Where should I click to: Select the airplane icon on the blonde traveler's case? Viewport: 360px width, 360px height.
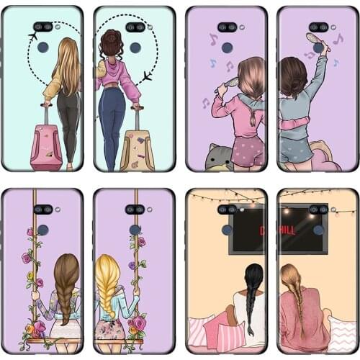pos(33,35)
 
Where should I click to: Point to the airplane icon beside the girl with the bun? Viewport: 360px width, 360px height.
pos(147,76)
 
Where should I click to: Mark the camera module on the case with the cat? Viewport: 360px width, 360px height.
pos(228,27)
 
